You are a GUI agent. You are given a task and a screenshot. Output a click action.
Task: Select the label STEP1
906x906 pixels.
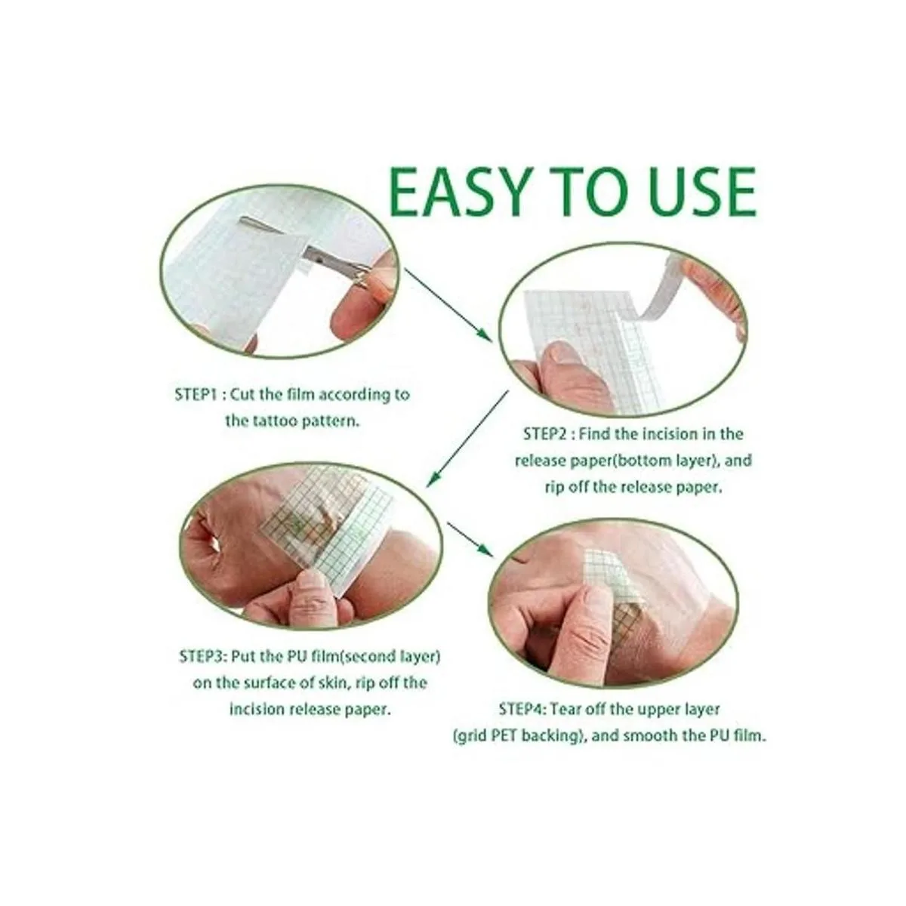pos(195,393)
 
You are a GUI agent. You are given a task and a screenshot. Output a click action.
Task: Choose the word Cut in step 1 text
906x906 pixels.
pos(241,393)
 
